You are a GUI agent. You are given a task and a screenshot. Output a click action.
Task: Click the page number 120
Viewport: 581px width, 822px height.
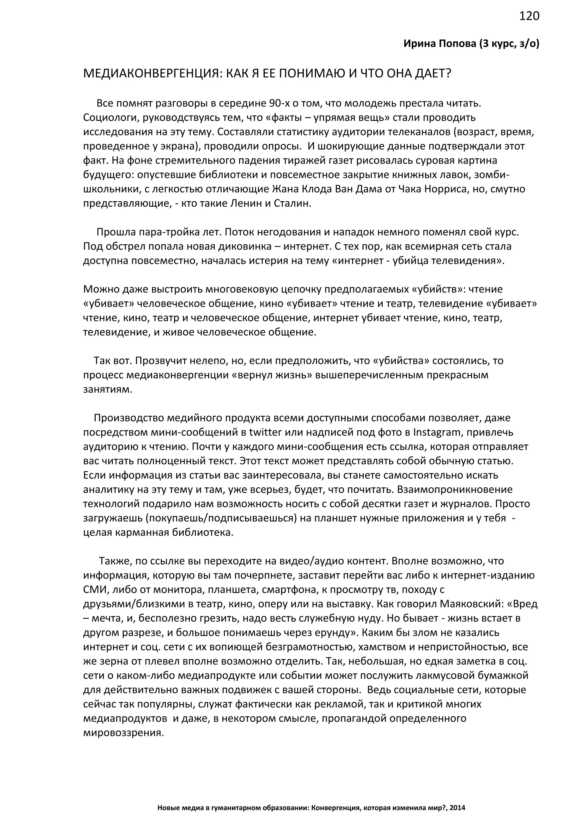(529, 16)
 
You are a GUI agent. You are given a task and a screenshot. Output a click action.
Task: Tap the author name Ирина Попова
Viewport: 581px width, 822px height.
(440, 44)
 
